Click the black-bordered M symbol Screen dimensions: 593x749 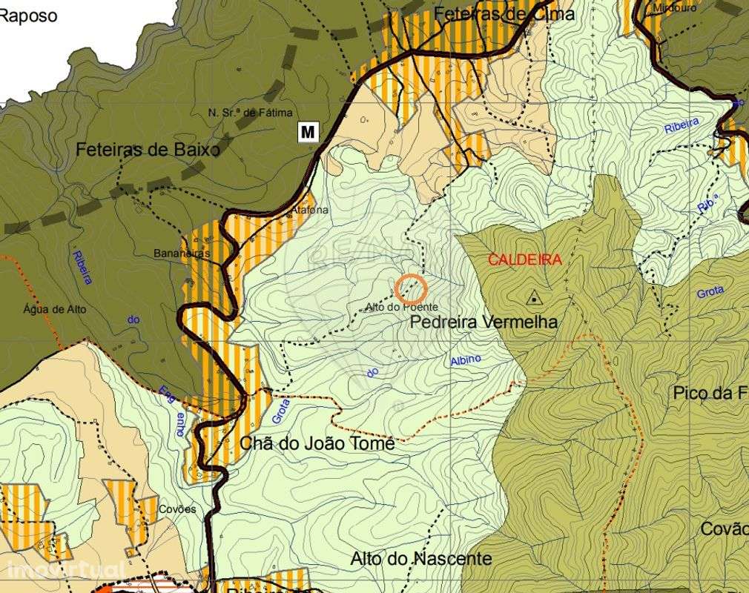click(x=308, y=132)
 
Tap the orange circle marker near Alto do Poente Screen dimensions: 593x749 click(x=410, y=288)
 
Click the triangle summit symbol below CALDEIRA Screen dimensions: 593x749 click(x=532, y=299)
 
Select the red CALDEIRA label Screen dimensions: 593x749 click(x=524, y=259)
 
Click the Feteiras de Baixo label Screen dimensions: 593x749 click(x=148, y=150)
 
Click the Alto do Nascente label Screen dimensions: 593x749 click(x=420, y=558)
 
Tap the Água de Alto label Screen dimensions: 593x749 click(x=54, y=309)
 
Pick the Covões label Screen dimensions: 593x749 click(x=177, y=509)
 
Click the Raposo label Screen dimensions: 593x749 click(x=28, y=16)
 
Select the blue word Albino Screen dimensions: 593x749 click(x=466, y=360)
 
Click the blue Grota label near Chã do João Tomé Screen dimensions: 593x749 click(x=280, y=410)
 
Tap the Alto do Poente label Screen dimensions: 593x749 click(x=401, y=307)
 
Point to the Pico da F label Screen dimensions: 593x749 click(x=710, y=393)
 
